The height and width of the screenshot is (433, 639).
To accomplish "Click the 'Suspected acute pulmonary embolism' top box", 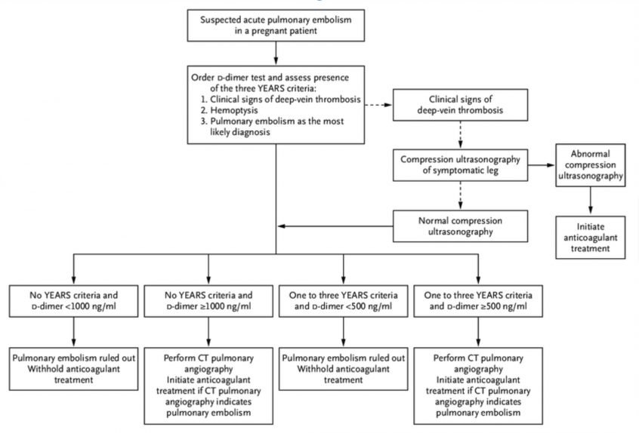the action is coord(276,25).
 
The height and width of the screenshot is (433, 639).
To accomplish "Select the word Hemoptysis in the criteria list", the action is coord(234,110).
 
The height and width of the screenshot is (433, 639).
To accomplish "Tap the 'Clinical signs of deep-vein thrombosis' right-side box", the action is coord(460,105).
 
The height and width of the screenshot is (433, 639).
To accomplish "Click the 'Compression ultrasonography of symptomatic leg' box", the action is coord(460,164).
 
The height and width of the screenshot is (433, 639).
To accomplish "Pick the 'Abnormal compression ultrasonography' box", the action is coord(590,164).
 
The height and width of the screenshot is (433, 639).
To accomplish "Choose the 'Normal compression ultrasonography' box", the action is coord(460,226).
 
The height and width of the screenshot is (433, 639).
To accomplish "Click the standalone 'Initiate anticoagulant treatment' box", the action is coord(590,238).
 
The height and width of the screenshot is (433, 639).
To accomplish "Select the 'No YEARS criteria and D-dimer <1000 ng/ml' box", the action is coord(74,301).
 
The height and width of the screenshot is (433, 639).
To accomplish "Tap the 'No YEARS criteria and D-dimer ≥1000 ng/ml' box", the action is coord(208,301).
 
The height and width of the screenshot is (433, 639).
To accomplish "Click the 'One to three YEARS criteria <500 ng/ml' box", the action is coord(343,301).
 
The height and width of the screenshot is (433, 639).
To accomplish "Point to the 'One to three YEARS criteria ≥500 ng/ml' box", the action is coord(478,301).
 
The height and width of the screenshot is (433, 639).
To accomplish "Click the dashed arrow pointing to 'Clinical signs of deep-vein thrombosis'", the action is coord(378,105).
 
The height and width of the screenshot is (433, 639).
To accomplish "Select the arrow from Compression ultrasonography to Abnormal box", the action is coord(542,165).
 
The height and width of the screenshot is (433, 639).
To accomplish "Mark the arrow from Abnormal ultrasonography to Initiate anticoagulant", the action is coord(591,201).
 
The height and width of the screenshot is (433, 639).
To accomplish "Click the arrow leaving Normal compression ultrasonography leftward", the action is coord(335,226).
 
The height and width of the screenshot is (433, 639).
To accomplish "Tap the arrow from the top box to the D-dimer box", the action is coord(276,54).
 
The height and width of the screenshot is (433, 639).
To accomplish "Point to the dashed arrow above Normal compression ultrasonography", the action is coord(461,195).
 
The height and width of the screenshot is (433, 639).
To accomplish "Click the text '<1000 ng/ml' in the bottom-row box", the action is coord(91,306).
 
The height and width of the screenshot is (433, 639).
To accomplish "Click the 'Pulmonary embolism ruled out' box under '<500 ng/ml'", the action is coord(343,369).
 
